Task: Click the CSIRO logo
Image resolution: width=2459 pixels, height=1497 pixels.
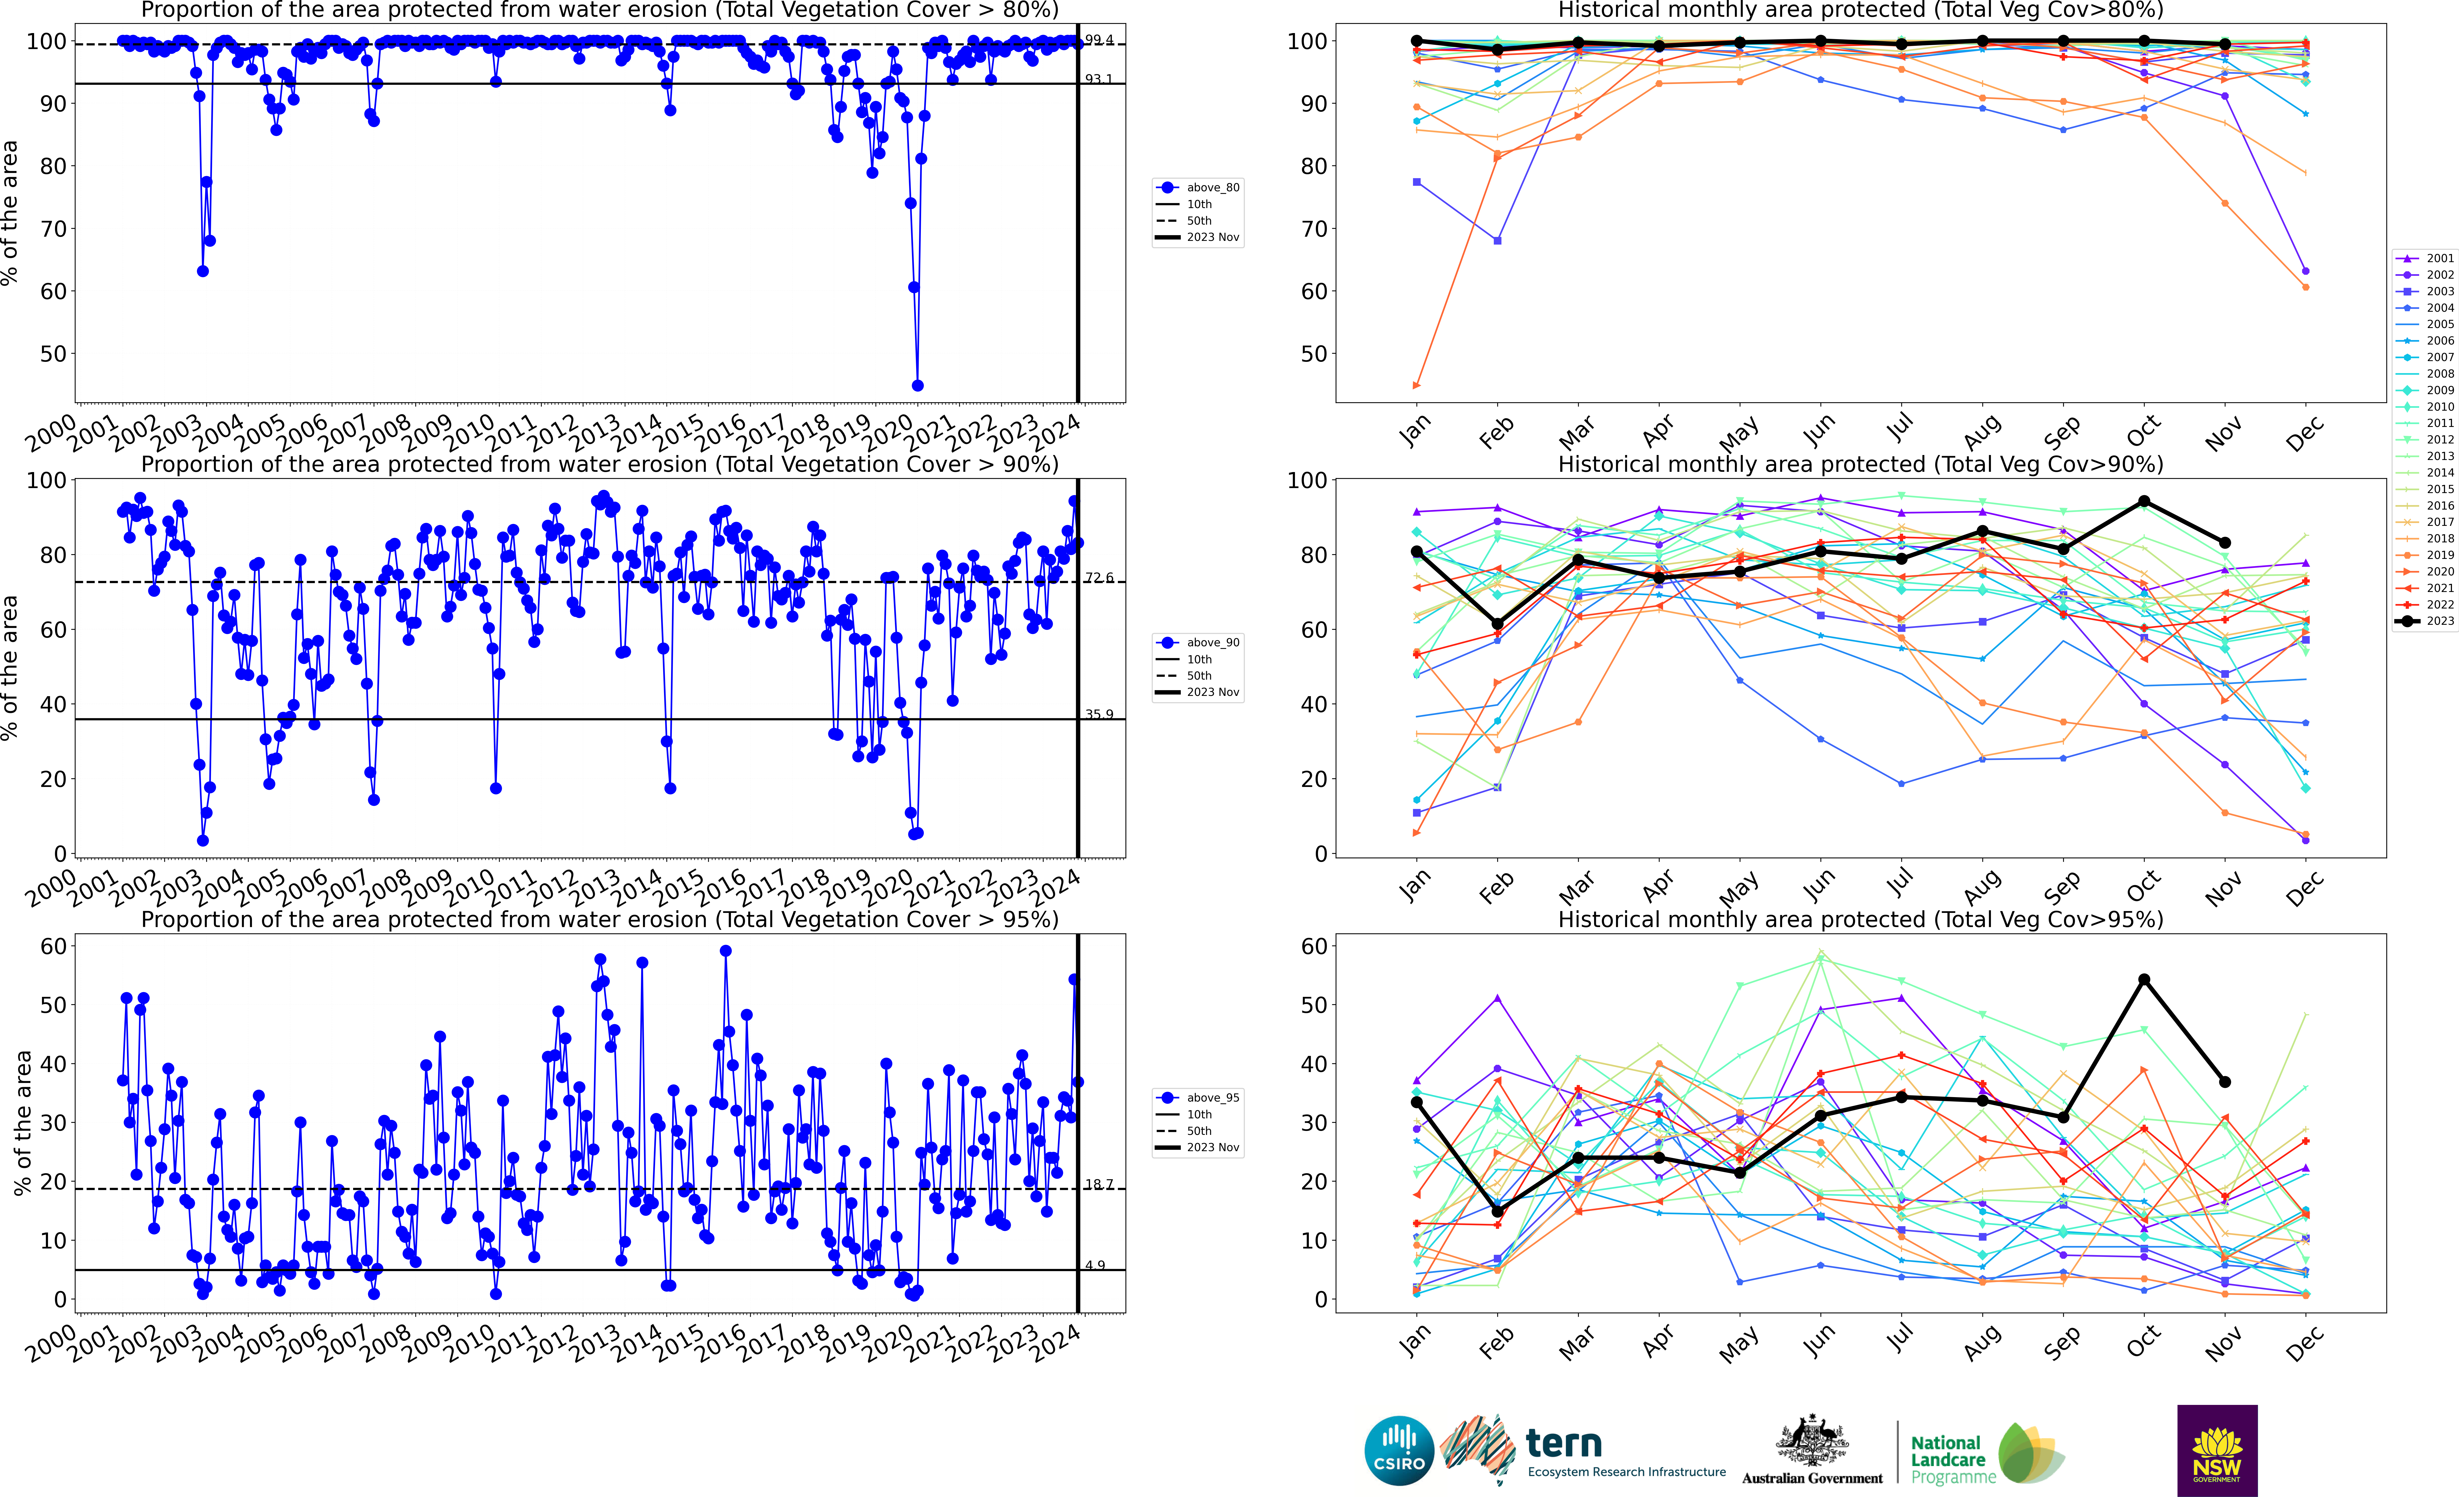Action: coord(1398,1450)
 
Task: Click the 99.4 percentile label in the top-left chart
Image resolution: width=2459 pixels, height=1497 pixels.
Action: coord(1099,40)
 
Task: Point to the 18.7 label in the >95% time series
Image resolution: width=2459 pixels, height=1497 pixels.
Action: coord(1099,1185)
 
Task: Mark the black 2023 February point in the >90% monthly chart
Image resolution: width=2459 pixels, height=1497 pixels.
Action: coord(1497,624)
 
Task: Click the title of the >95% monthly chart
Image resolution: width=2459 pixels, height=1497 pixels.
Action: coord(1860,919)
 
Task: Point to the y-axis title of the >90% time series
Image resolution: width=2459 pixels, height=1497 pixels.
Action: coord(10,667)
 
